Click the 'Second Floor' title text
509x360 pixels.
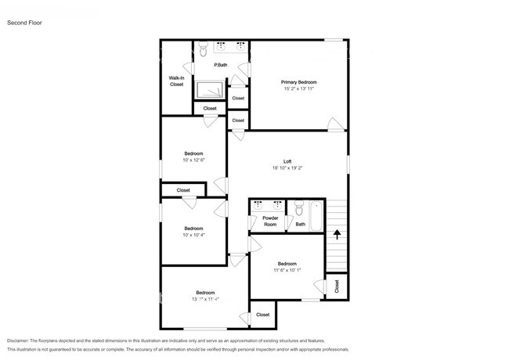[x=25, y=23]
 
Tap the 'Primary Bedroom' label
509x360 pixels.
[x=299, y=82]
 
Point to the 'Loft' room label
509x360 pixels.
[x=287, y=161]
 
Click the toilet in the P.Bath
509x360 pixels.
[x=202, y=51]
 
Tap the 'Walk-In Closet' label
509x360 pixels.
[x=176, y=81]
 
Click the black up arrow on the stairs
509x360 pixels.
[x=338, y=232]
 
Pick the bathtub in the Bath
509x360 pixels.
[x=316, y=216]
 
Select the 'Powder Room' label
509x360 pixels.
[x=270, y=221]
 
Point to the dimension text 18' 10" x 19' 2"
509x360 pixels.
[x=287, y=168]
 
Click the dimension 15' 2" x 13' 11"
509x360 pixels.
[x=299, y=89]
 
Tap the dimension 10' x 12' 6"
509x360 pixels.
[x=193, y=160]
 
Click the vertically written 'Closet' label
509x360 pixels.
[x=337, y=286]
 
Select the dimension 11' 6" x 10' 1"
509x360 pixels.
[x=287, y=271]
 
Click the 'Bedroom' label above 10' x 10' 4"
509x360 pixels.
[x=193, y=228]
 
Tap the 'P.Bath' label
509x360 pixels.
[x=221, y=65]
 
